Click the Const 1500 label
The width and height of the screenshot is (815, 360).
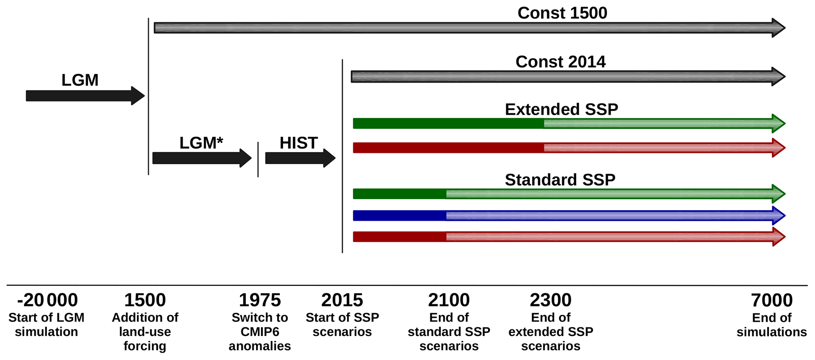click(562, 13)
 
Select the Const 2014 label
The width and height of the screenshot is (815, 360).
click(560, 62)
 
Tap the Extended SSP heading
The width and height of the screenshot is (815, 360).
click(561, 109)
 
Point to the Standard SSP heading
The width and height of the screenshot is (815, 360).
click(560, 180)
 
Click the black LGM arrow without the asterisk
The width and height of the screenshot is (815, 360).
click(86, 96)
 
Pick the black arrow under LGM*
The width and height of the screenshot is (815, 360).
click(202, 158)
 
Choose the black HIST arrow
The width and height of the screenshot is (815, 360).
click(300, 158)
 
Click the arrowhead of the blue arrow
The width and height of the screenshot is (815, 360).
click(779, 216)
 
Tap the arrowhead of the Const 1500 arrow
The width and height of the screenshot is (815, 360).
click(779, 28)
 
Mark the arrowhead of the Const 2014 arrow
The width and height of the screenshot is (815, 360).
click(779, 76)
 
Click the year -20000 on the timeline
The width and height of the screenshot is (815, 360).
click(47, 300)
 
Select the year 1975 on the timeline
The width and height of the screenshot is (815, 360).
click(260, 300)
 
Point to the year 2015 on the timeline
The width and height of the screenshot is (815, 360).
click(342, 300)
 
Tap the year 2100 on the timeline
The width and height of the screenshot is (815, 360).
click(449, 300)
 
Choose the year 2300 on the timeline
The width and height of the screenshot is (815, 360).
click(550, 300)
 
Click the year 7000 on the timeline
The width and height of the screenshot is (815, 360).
click(772, 300)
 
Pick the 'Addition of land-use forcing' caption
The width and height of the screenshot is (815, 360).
click(145, 332)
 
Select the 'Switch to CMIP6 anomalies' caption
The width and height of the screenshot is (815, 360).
click(260, 332)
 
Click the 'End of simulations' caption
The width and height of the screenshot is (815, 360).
click(772, 325)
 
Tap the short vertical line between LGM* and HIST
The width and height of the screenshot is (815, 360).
click(258, 160)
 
